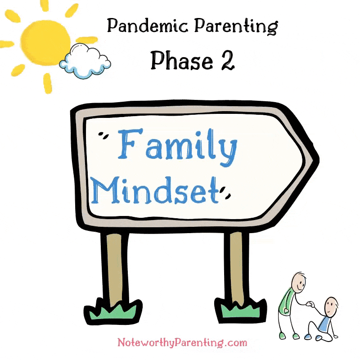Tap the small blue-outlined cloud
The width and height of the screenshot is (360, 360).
click(x=85, y=61)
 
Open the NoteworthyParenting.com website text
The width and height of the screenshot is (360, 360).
click(x=182, y=342)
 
